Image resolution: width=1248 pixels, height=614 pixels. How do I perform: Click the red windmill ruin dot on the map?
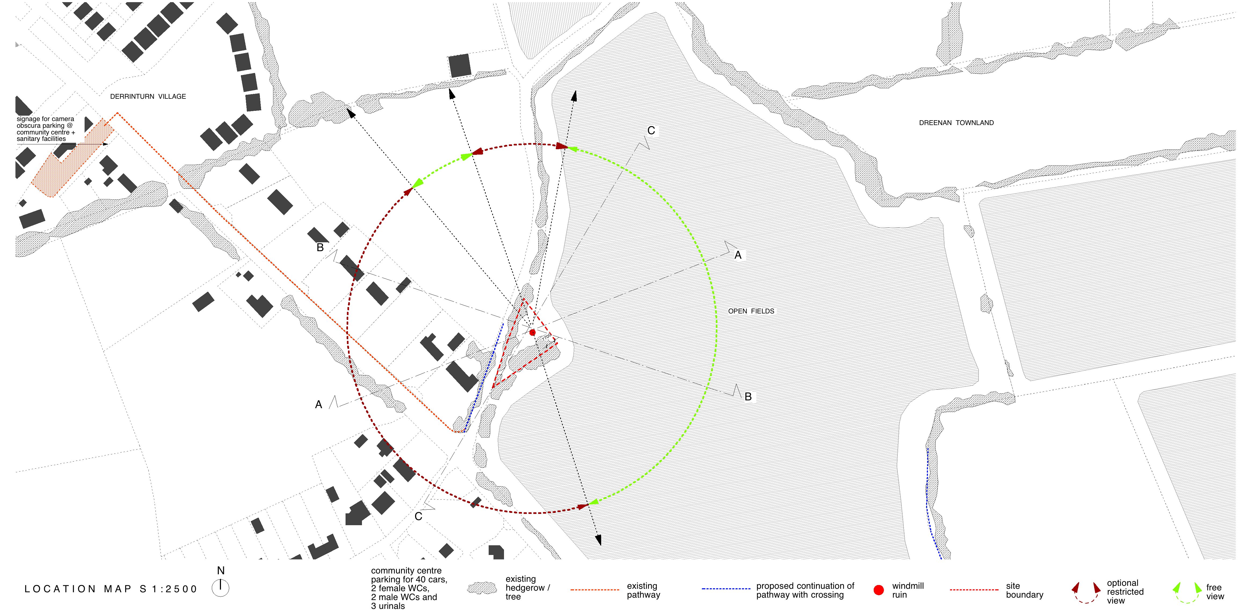pos(532,332)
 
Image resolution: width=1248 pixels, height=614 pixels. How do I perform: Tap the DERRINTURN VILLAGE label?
pos(148,96)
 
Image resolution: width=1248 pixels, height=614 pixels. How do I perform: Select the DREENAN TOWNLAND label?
pos(956,123)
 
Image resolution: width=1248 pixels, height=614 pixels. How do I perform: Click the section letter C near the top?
pos(651,131)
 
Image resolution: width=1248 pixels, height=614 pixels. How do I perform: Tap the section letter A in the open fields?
pos(738,255)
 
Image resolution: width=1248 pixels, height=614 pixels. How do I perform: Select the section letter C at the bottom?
pos(419,517)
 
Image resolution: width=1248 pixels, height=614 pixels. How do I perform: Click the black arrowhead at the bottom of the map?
pos(599,540)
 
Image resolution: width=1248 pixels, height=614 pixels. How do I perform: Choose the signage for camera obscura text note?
pos(46,129)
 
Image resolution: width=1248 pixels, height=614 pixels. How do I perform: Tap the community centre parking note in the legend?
pos(409,588)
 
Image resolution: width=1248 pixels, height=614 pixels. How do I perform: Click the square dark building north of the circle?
pos(459,66)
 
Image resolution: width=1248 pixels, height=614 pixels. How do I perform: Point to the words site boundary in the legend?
pos(1024,590)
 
